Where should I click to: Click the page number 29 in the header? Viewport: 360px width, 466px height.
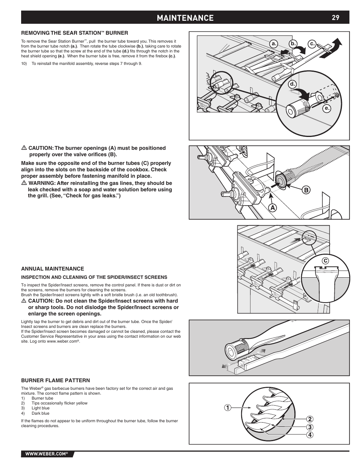click(x=336, y=17)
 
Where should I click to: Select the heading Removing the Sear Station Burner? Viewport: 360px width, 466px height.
click(x=75, y=33)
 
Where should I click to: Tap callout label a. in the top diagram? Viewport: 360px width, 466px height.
click(x=275, y=44)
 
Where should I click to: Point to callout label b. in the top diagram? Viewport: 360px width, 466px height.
click(x=293, y=44)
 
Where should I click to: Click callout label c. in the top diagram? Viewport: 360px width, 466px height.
click(x=312, y=44)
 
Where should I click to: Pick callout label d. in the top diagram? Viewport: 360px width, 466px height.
click(x=292, y=84)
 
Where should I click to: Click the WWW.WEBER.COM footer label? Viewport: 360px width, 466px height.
click(x=46, y=454)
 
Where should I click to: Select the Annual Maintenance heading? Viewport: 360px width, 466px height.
click(x=52, y=269)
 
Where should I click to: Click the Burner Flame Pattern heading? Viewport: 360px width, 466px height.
click(x=55, y=380)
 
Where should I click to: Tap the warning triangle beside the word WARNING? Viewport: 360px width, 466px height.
click(x=24, y=183)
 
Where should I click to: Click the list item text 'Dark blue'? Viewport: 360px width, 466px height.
click(x=40, y=413)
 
